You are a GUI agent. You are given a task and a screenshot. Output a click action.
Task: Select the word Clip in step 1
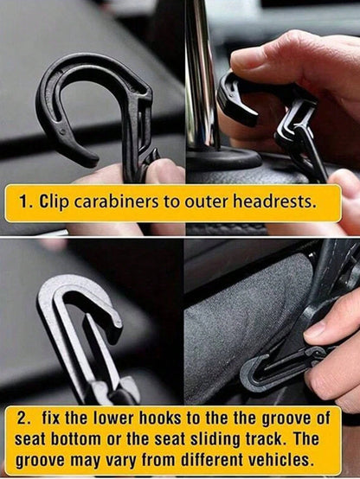pos(54,202)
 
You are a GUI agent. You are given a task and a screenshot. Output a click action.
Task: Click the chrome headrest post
pos(202,73)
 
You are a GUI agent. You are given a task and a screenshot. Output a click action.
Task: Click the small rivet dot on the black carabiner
pos(63,132)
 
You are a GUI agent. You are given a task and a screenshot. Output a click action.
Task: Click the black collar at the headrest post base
pos(224,158)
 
